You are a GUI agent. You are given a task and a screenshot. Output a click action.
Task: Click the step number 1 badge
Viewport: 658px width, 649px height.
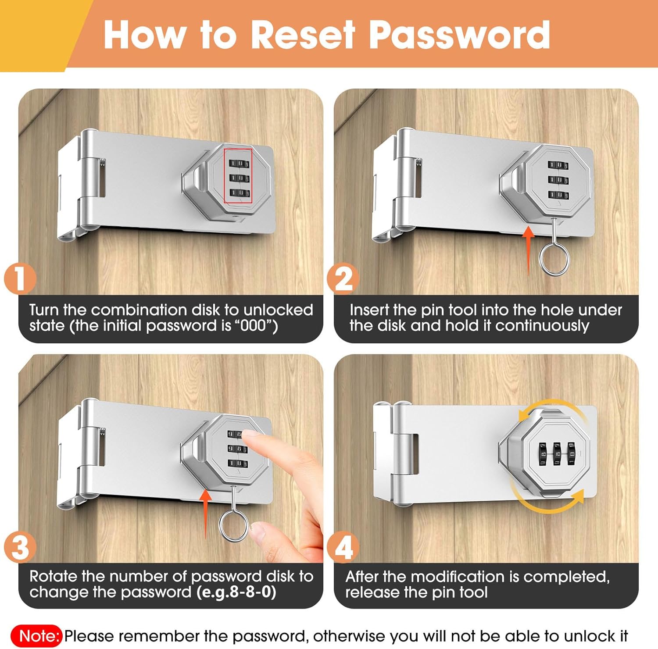click(x=19, y=278)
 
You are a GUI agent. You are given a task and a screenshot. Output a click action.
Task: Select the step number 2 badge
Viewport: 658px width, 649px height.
click(x=343, y=278)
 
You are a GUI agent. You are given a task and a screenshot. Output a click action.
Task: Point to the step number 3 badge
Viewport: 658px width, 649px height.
click(x=19, y=547)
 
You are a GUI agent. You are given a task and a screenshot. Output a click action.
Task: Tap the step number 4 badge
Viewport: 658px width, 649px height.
click(x=343, y=547)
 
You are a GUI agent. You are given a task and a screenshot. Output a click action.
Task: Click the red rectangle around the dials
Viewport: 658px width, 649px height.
click(x=224, y=176)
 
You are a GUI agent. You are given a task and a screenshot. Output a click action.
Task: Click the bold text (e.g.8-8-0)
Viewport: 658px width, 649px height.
click(x=236, y=592)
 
